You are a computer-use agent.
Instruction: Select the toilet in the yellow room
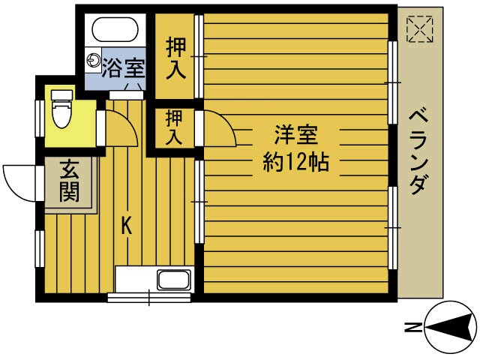60,113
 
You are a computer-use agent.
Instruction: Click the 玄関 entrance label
69,182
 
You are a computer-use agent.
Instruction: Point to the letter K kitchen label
127,223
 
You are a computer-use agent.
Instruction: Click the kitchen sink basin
172,281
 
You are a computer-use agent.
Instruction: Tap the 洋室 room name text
295,136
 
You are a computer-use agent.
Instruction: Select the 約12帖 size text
295,161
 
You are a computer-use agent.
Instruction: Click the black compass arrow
451,327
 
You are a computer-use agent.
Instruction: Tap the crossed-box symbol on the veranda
418,30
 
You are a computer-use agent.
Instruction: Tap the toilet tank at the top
59,94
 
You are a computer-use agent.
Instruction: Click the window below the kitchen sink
148,298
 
